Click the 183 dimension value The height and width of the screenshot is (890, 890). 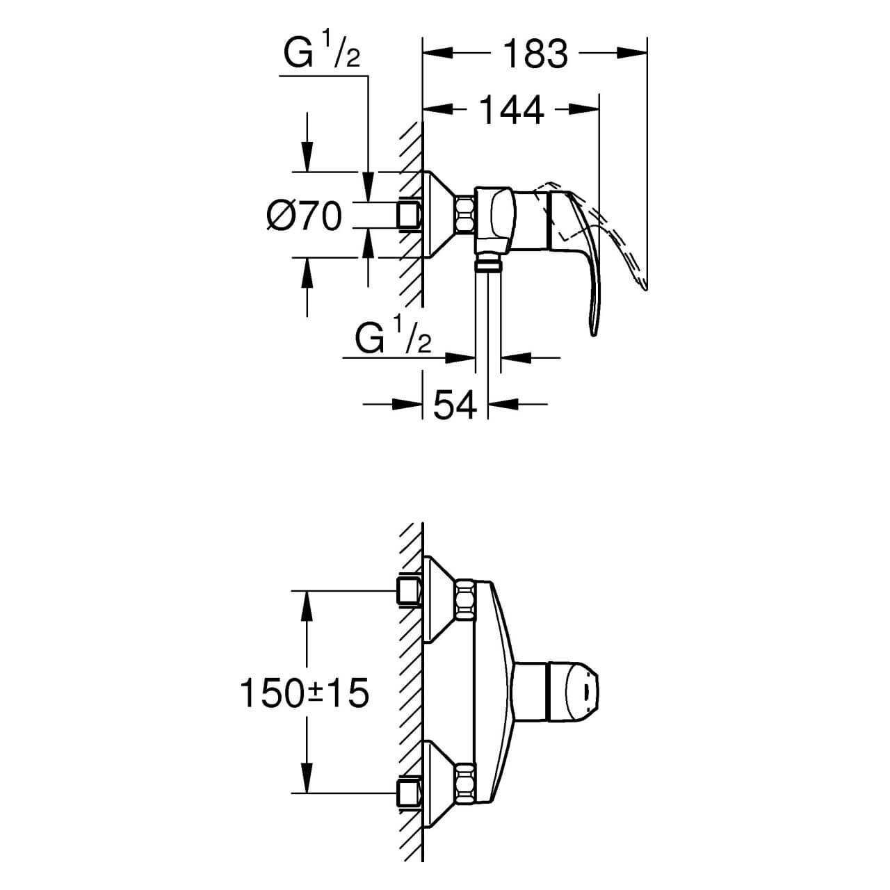535,54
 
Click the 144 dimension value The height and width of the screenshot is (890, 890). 511,110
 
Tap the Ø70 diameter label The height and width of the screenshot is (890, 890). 305,216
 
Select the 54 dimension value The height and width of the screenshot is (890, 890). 455,405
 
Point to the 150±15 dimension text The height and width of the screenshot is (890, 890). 304,693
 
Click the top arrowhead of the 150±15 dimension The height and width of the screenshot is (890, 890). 305,606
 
